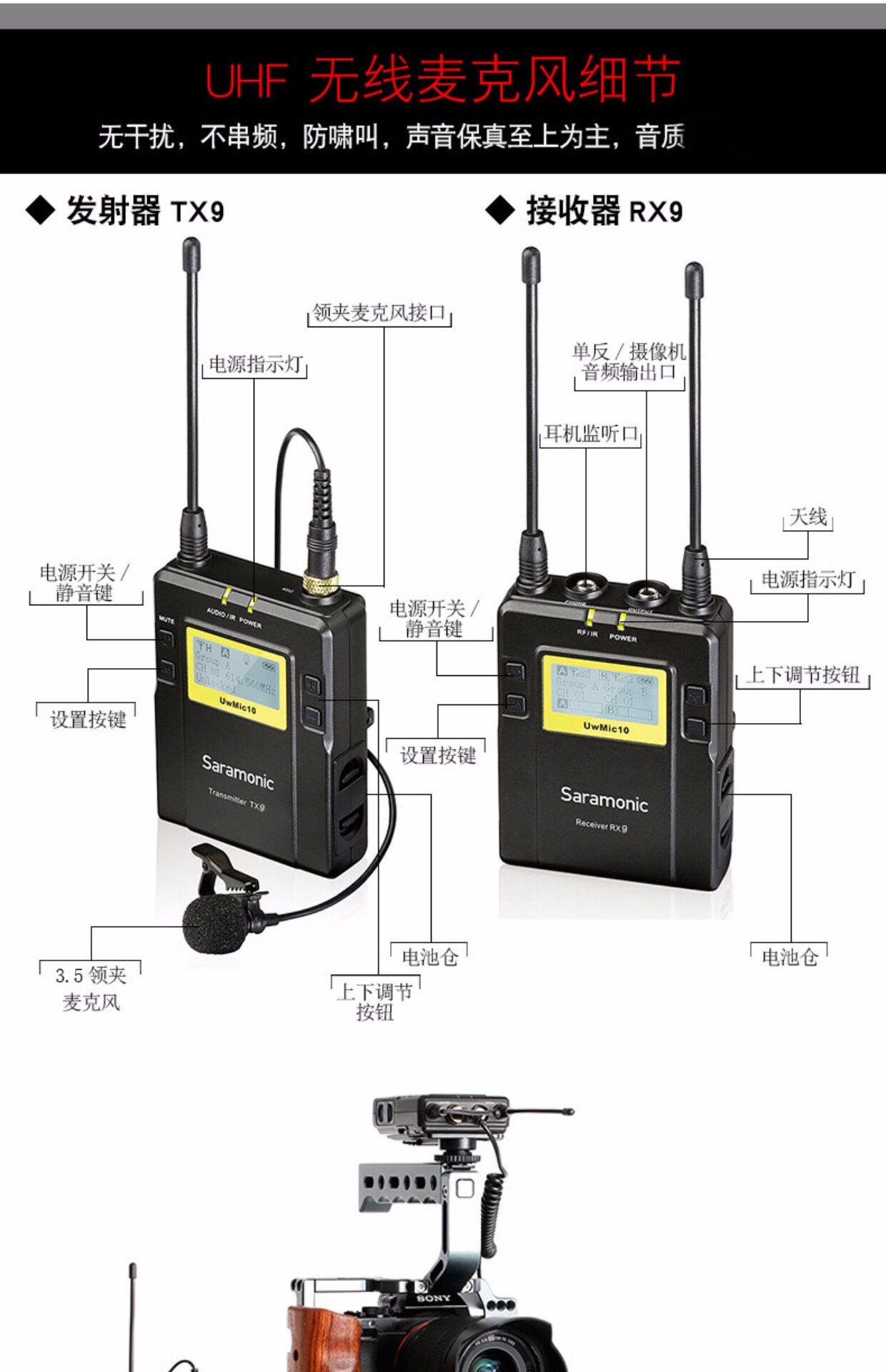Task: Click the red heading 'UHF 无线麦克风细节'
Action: click(x=442, y=79)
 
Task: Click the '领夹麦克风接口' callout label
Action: click(x=379, y=313)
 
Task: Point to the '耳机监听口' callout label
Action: click(x=591, y=433)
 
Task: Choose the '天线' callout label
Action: click(x=808, y=517)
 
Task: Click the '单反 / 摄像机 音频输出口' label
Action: click(x=629, y=362)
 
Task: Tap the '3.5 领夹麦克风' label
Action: click(x=91, y=988)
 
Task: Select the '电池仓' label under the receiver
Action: click(x=790, y=957)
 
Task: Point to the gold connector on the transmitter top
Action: click(x=321, y=584)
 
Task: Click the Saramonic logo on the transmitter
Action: click(x=237, y=771)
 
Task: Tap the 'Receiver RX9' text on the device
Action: click(x=602, y=825)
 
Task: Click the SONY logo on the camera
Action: click(x=434, y=1298)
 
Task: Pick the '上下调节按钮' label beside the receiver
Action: click(x=802, y=675)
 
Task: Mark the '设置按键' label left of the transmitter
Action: click(x=88, y=719)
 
